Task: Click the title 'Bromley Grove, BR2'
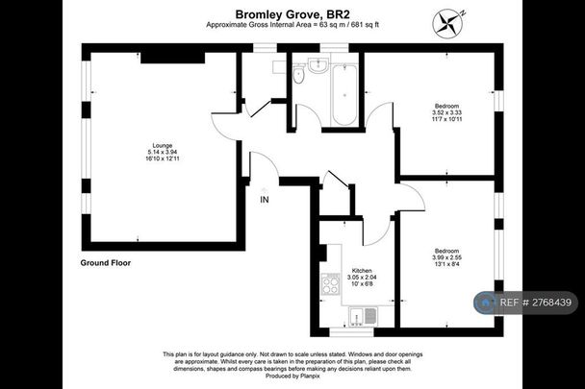292,14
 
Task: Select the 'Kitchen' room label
361,271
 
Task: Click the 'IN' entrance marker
264,200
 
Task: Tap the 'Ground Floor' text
106,262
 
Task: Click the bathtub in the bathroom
343,96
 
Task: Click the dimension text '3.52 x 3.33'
446,111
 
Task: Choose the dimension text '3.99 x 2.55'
446,257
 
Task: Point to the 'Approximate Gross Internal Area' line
292,27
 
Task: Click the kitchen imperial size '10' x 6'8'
361,285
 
